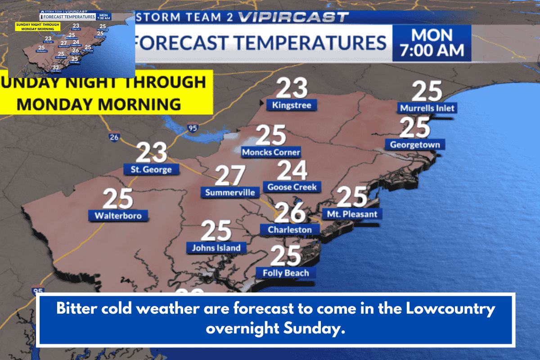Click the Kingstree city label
click(291, 105)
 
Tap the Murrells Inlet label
click(427, 108)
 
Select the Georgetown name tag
click(415, 144)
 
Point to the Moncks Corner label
click(271, 152)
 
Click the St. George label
click(151, 170)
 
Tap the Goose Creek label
click(292, 187)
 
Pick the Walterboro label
click(118, 216)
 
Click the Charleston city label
click(289, 229)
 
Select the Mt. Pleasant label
click(352, 214)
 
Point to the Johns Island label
click(216, 247)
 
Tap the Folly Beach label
click(286, 273)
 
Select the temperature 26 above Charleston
click(290, 212)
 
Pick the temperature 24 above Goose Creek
click(292, 170)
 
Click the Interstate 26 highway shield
click(114, 137)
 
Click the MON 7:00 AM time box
click(432, 43)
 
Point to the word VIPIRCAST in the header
click(293, 18)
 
